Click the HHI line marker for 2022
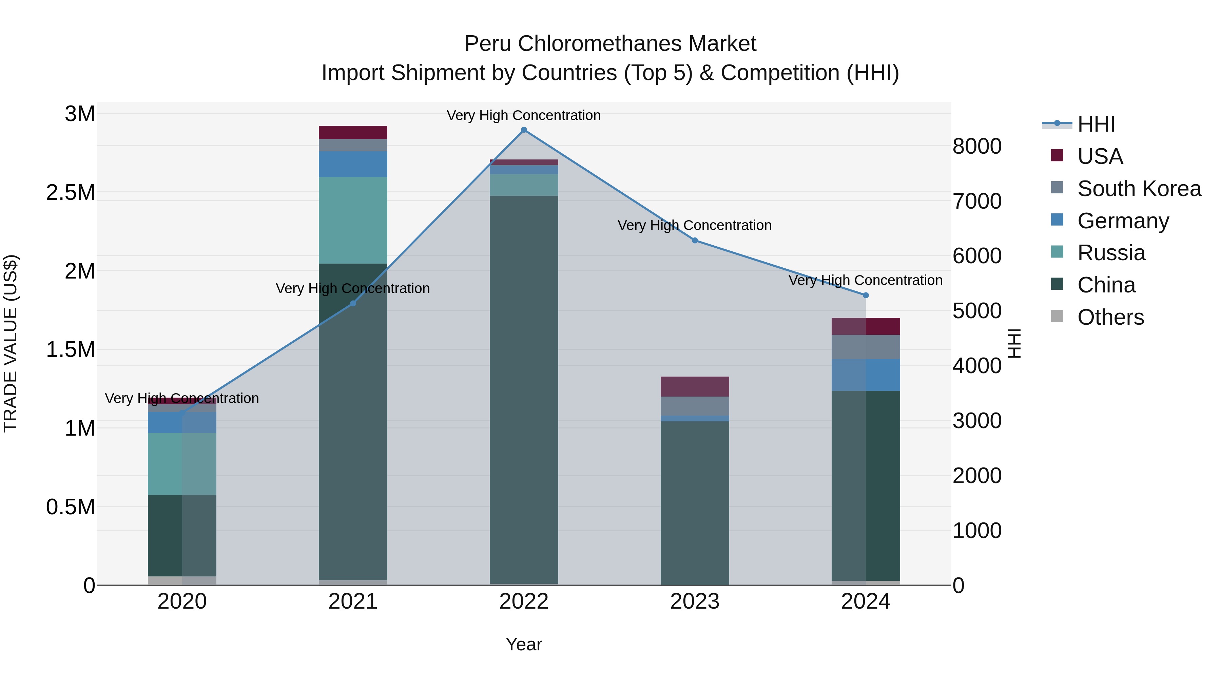coord(524,130)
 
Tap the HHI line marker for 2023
coord(695,241)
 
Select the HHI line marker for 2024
coord(866,295)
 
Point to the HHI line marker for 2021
coord(353,303)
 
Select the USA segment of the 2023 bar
coord(695,386)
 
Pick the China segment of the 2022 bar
coord(524,389)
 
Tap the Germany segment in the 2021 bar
coord(353,164)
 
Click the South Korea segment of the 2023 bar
coord(695,406)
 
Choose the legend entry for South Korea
coord(1139,189)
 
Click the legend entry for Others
coord(1110,317)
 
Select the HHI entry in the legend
coord(1096,124)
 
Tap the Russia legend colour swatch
coord(1057,252)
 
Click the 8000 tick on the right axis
coord(977,147)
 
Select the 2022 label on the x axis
coord(524,602)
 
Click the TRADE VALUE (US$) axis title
coord(11,343)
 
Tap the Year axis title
coord(524,644)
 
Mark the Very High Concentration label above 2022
coord(524,115)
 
